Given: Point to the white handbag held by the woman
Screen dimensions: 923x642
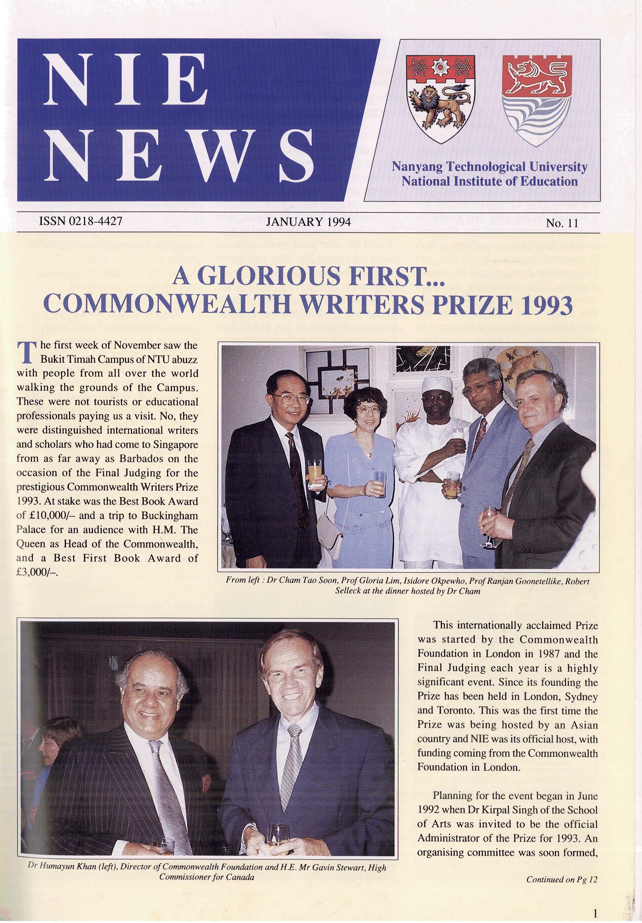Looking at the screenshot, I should point(330,526).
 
